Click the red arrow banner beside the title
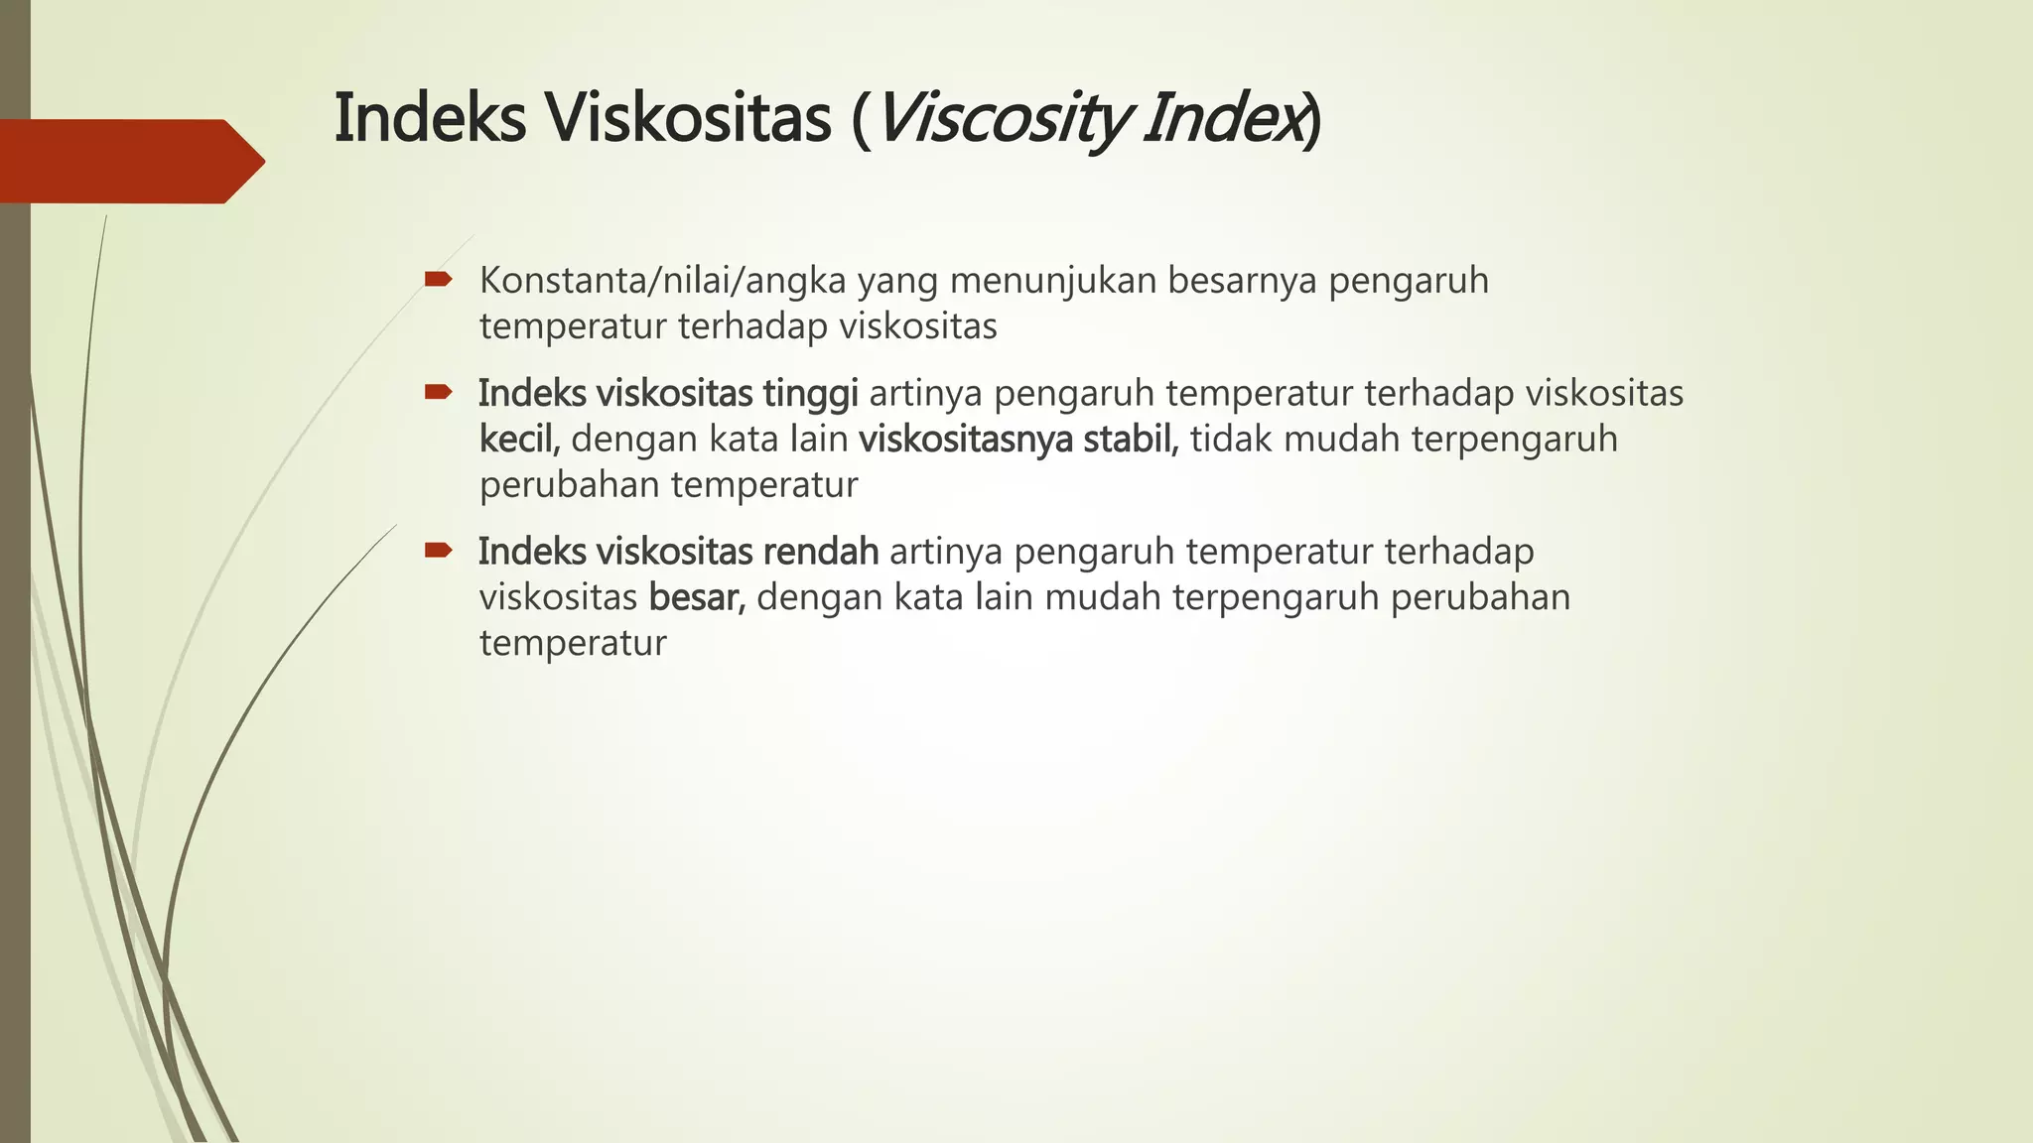tap(129, 161)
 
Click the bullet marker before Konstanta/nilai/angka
tap(438, 280)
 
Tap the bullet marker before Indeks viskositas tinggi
tap(438, 392)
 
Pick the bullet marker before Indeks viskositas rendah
tap(438, 550)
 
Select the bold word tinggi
tap(810, 394)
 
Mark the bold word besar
tap(696, 597)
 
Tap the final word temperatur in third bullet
tap(573, 644)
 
